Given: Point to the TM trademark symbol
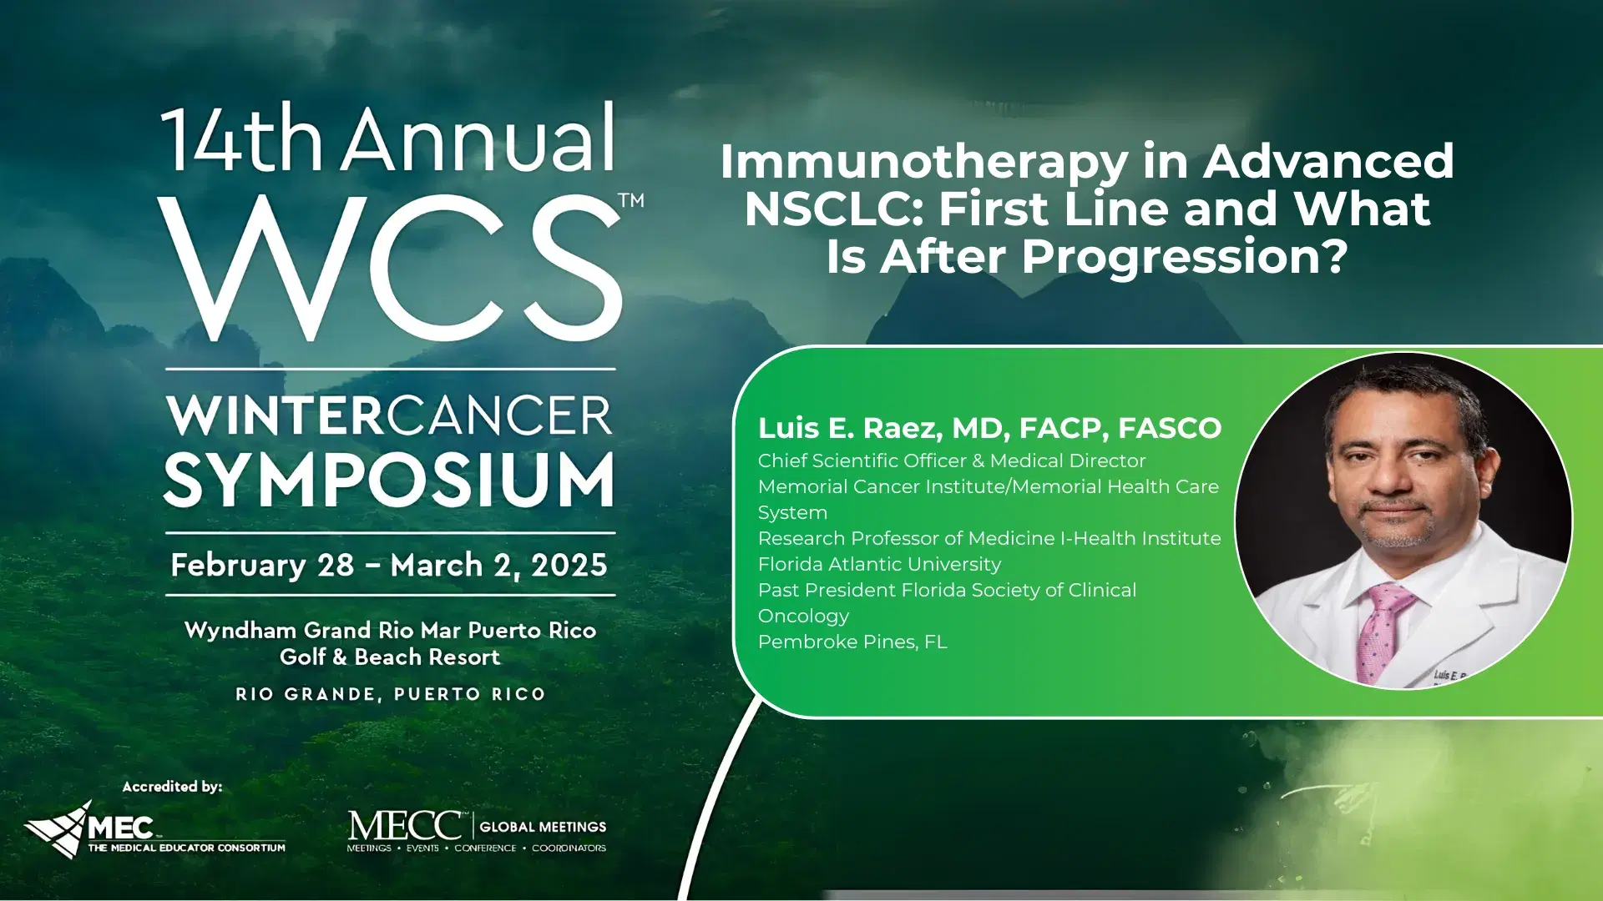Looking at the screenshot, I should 631,200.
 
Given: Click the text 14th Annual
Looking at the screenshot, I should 389,138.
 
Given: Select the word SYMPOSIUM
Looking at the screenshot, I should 389,481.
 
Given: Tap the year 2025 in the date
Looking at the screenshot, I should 569,566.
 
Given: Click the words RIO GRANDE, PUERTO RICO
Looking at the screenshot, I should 390,694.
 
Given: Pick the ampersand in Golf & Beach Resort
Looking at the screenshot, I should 339,657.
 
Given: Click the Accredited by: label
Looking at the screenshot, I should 172,787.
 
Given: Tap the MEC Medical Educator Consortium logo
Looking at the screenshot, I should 154,829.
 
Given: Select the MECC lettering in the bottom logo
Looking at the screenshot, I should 405,826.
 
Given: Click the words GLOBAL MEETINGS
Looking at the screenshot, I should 543,827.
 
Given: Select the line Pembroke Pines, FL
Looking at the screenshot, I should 852,642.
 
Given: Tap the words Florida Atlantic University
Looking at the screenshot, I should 879,565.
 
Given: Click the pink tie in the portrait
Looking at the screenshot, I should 1381,630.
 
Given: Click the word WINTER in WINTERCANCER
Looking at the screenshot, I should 276,415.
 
